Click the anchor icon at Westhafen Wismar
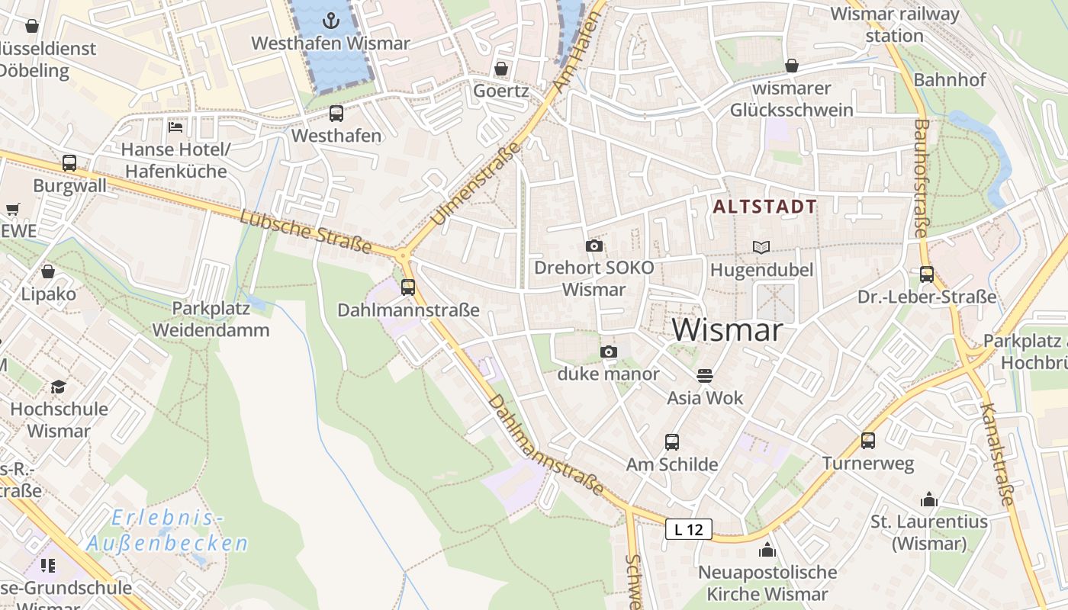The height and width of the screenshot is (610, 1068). click(330, 20)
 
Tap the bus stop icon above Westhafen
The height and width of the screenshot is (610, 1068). click(336, 114)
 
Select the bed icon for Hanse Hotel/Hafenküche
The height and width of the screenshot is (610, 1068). click(175, 127)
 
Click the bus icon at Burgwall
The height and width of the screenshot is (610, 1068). click(69, 162)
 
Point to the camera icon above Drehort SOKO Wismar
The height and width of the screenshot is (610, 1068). click(594, 246)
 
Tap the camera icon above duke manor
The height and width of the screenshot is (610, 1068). click(608, 352)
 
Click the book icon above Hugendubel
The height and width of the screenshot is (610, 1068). click(761, 247)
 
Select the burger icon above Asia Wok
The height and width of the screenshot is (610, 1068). click(704, 375)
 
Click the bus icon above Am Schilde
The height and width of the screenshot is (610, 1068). click(672, 441)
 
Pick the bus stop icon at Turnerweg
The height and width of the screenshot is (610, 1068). click(868, 440)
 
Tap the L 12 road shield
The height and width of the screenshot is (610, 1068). click(689, 529)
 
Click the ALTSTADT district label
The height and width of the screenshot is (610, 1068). click(765, 207)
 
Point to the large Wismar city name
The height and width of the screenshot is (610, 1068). click(728, 330)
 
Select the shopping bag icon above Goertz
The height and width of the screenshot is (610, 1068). click(501, 69)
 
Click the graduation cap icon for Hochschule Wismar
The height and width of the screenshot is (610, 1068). click(59, 387)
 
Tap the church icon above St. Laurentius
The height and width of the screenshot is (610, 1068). click(929, 499)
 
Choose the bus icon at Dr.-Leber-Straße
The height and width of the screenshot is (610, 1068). click(927, 274)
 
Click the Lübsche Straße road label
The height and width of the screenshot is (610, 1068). click(305, 232)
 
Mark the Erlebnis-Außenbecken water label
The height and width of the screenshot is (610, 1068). click(168, 531)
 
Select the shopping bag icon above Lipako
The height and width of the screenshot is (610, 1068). click(48, 271)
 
